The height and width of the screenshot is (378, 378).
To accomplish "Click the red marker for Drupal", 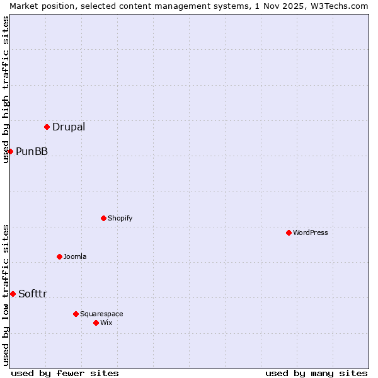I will pyautogui.click(x=47, y=127).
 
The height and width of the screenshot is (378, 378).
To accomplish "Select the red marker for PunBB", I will pyautogui.click(x=10, y=151).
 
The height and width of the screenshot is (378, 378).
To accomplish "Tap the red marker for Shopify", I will pyautogui.click(x=103, y=218).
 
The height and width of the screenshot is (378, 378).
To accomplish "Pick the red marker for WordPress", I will pyautogui.click(x=289, y=232).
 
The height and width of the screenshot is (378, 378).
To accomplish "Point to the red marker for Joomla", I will pyautogui.click(x=59, y=256).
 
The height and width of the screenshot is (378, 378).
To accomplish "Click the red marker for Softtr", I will pyautogui.click(x=13, y=294).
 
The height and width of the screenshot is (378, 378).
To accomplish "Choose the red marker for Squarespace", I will pyautogui.click(x=76, y=314).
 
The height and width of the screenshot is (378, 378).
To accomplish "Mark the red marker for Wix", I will pyautogui.click(x=96, y=323).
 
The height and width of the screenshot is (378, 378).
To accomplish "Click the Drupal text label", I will pyautogui.click(x=69, y=127).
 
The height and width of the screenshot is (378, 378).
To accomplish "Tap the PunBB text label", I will pyautogui.click(x=31, y=151).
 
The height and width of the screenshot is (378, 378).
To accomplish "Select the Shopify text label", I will pyautogui.click(x=120, y=218).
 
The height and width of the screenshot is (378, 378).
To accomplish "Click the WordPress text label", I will pyautogui.click(x=311, y=232).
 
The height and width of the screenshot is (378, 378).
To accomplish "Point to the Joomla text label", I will pyautogui.click(x=75, y=256).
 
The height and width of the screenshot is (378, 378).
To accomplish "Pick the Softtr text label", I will pyautogui.click(x=33, y=294).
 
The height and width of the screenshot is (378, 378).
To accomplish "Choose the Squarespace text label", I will pyautogui.click(x=101, y=314).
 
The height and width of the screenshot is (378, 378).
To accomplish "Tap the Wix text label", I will pyautogui.click(x=106, y=323).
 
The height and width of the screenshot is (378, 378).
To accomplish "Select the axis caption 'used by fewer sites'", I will pyautogui.click(x=65, y=373).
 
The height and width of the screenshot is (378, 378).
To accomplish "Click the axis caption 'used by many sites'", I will pyautogui.click(x=316, y=373).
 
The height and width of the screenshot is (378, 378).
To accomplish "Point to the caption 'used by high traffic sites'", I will pyautogui.click(x=6, y=89).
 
